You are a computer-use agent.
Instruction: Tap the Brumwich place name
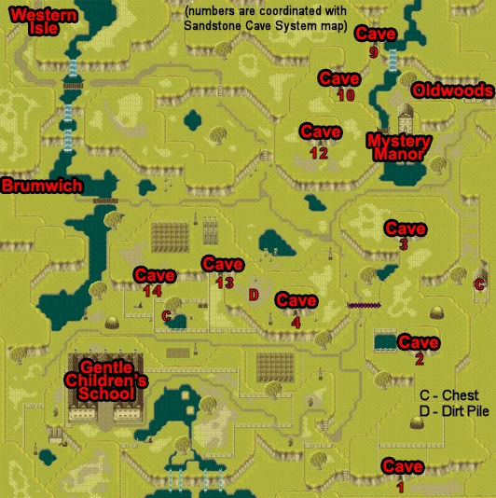coord(41,186)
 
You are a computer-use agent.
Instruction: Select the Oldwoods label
coord(452,90)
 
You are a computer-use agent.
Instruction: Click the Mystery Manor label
coord(396,146)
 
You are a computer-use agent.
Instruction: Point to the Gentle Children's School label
coord(104,380)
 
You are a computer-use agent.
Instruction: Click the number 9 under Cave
coord(374,53)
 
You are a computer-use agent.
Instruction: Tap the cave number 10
coord(346,95)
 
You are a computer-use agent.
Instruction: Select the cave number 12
coord(319,153)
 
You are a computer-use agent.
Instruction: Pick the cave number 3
coord(403,244)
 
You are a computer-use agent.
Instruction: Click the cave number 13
coord(223,283)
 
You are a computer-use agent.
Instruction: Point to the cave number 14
coord(153,292)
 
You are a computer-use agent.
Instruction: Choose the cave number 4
coord(296,322)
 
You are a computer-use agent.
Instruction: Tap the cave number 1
coord(401,486)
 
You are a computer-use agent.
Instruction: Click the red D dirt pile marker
coord(253,294)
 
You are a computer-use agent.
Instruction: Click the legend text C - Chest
coord(449,395)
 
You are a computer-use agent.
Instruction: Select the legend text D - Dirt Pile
coord(455,413)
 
